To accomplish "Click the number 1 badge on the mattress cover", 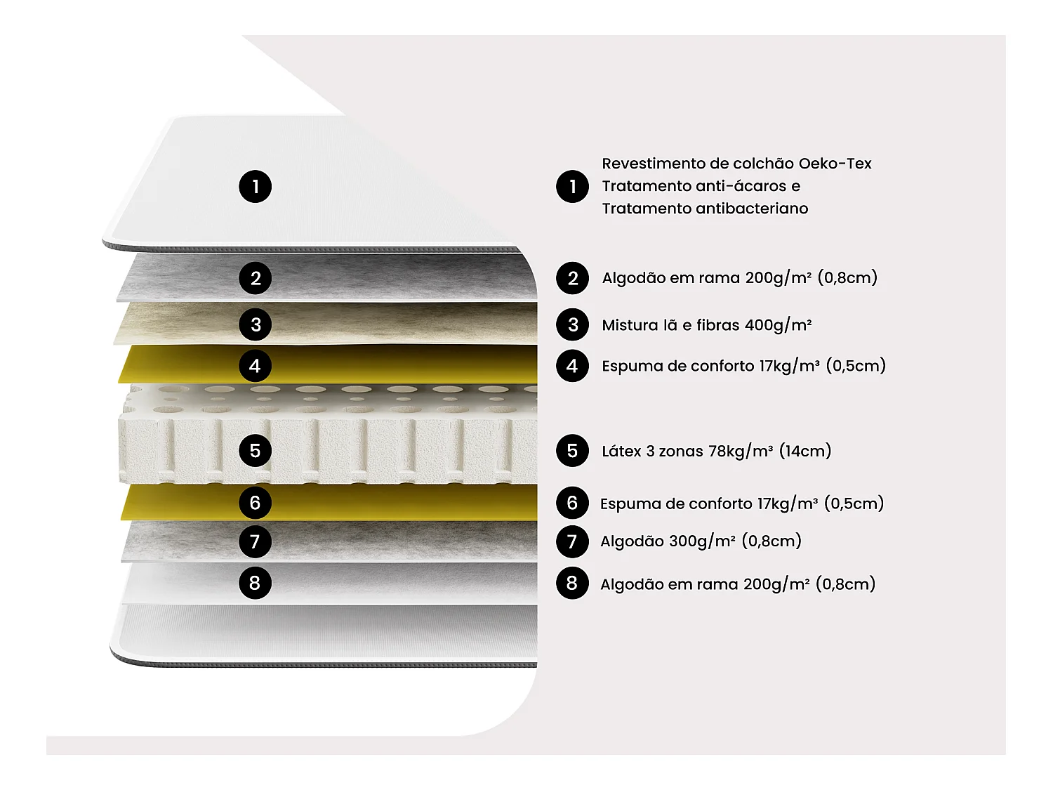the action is point(256,187).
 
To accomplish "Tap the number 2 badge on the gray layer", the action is point(256,278).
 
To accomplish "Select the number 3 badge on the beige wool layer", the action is point(256,324).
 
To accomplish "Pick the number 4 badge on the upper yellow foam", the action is point(256,366).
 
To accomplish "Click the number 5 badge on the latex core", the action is point(256,450).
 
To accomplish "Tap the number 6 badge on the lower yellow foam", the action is point(256,503).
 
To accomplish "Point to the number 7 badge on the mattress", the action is point(256,541).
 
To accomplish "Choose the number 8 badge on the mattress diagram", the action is point(256,583).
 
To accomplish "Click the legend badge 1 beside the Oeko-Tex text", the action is point(572,187).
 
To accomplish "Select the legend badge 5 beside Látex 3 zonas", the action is point(572,450).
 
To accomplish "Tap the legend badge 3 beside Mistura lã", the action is point(572,324).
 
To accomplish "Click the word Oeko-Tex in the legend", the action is point(835,164).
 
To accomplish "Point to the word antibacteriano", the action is point(752,209).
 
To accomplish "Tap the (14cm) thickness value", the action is point(805,452).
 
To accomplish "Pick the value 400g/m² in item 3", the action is point(778,326).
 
